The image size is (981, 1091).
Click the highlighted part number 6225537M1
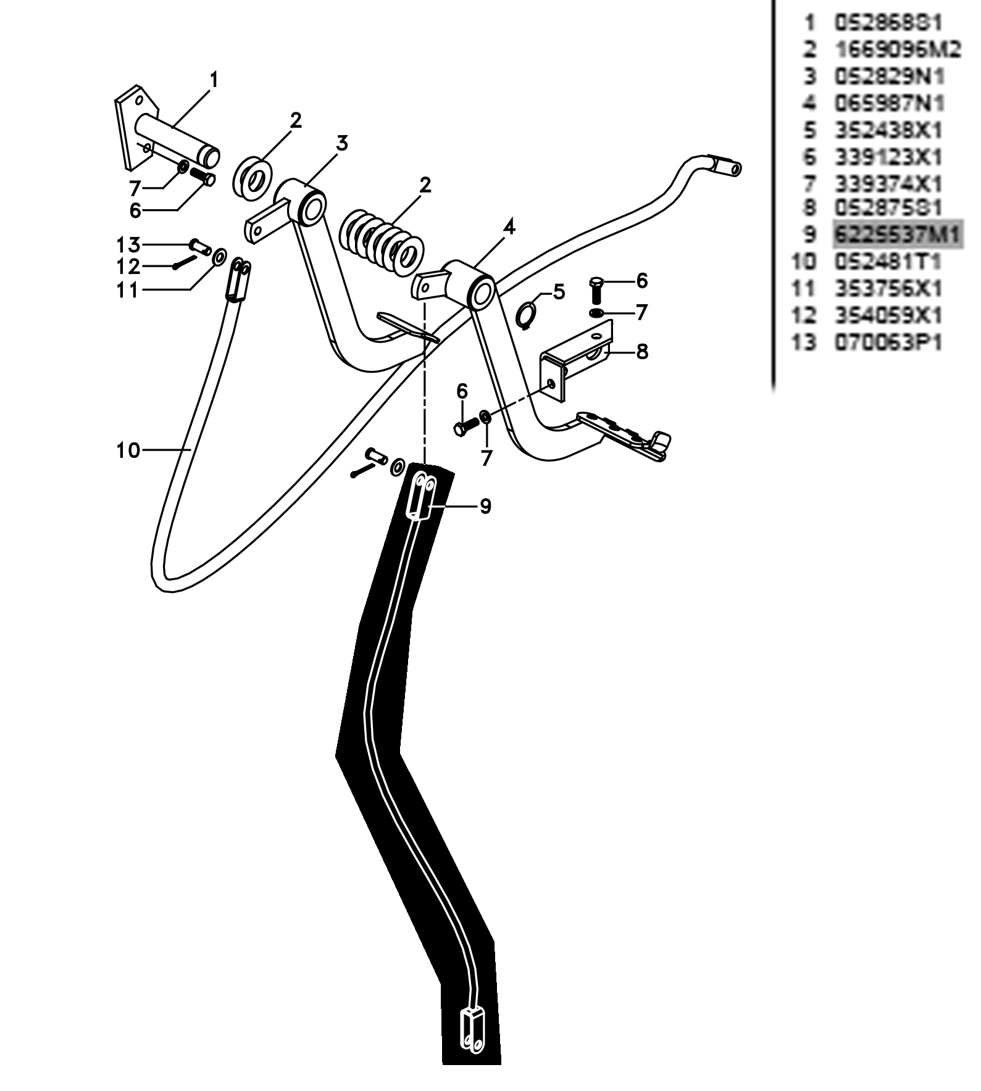[897, 234]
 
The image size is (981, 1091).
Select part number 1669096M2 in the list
[897, 49]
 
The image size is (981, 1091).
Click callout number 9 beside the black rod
[485, 507]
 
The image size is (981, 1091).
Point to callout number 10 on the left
[128, 450]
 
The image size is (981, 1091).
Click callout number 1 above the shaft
[214, 80]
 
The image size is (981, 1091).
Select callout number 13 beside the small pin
[128, 245]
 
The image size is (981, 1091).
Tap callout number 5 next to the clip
[559, 291]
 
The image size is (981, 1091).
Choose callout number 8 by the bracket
[642, 352]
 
